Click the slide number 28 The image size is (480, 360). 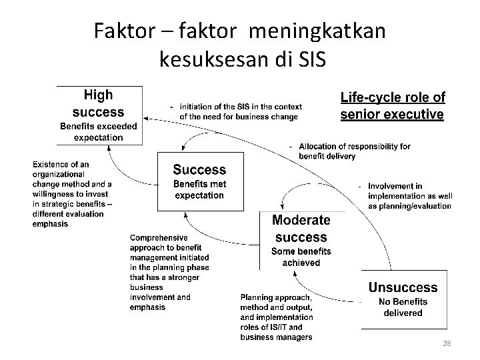click(x=447, y=343)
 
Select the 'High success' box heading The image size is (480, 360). click(x=99, y=103)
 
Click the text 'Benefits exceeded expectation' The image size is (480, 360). click(x=99, y=131)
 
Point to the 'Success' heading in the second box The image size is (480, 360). click(x=199, y=169)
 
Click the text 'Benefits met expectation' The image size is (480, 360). click(x=199, y=189)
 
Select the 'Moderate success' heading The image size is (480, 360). click(x=301, y=228)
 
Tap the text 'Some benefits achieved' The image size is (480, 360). click(x=301, y=257)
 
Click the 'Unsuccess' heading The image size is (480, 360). click(x=403, y=288)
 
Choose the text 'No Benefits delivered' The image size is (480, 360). click(x=403, y=307)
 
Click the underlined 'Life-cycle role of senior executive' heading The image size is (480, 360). click(x=393, y=106)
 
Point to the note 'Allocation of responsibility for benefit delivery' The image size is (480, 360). click(x=354, y=151)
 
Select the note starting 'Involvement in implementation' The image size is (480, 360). click(x=409, y=196)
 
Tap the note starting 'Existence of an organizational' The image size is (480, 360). click(x=72, y=194)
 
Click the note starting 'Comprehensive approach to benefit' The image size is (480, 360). click(x=169, y=272)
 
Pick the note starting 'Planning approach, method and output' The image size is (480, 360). click(x=276, y=317)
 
